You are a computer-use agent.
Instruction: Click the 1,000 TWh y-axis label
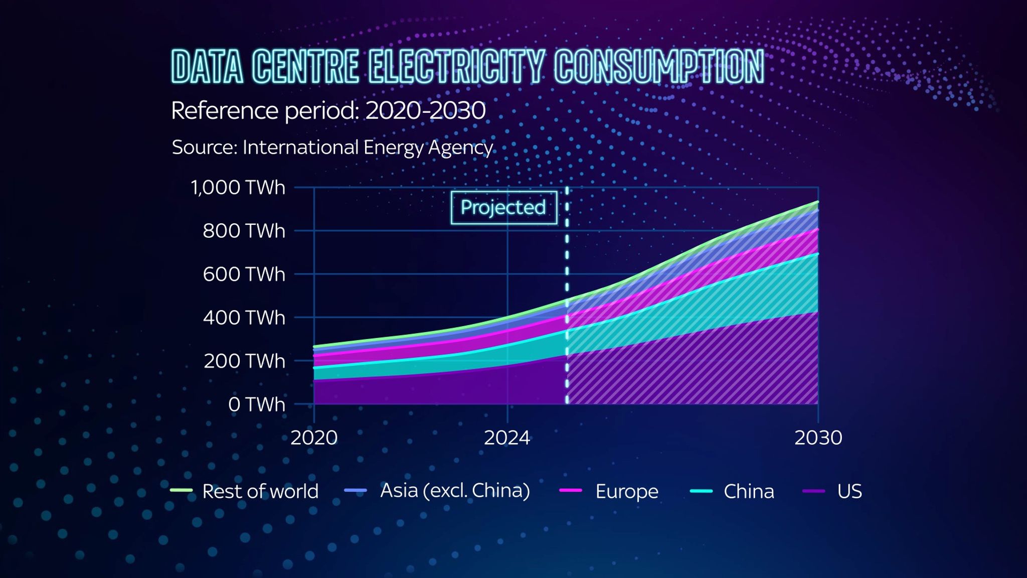238,188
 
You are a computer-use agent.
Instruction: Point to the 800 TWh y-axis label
244,231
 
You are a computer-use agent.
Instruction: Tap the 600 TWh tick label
244,274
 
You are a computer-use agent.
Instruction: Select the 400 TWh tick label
244,318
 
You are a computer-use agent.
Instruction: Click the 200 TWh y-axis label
244,361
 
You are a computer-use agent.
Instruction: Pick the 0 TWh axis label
256,404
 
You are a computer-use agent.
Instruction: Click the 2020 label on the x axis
314,438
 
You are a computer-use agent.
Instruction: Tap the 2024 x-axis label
507,438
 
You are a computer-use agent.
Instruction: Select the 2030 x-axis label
818,438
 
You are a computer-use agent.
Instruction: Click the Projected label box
503,207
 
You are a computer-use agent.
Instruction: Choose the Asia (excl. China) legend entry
437,491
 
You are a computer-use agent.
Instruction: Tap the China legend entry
732,491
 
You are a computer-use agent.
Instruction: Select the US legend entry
832,491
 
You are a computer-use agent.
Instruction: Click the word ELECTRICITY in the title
457,67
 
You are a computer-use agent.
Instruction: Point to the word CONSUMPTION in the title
659,67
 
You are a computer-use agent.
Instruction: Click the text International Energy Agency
368,148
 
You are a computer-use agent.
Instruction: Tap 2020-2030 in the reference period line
425,110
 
